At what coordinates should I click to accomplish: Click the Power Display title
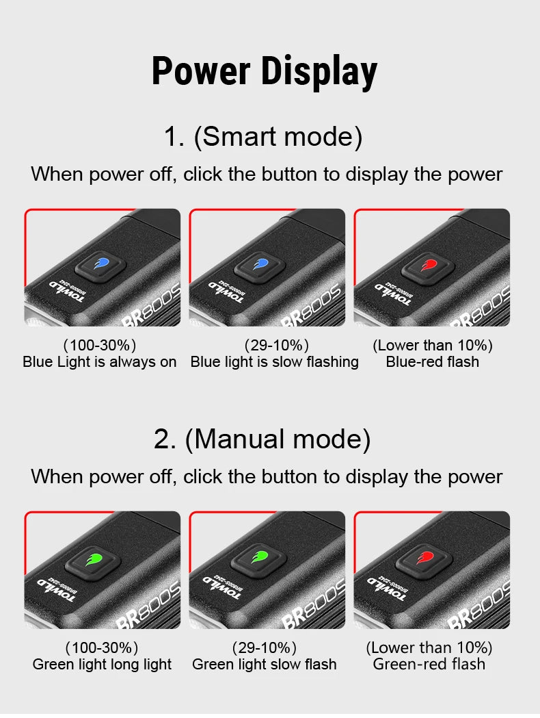(264, 71)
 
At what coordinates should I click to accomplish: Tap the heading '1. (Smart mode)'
(263, 137)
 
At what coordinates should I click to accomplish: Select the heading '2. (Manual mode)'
(262, 439)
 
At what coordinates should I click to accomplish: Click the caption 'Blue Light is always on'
(100, 362)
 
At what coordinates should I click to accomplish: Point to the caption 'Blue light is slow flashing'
(275, 362)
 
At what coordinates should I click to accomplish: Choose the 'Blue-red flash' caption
(433, 362)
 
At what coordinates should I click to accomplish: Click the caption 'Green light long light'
(103, 665)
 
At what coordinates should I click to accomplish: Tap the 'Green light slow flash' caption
(265, 665)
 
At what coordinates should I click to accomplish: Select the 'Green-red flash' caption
(429, 665)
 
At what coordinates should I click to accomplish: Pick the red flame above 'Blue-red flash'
(428, 264)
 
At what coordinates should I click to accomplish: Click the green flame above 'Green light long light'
(95, 559)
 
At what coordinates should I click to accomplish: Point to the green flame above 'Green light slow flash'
(258, 559)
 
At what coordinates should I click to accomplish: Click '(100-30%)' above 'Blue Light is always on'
(100, 345)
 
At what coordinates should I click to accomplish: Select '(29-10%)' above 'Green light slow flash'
(265, 648)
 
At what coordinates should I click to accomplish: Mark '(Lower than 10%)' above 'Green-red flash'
(429, 648)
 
